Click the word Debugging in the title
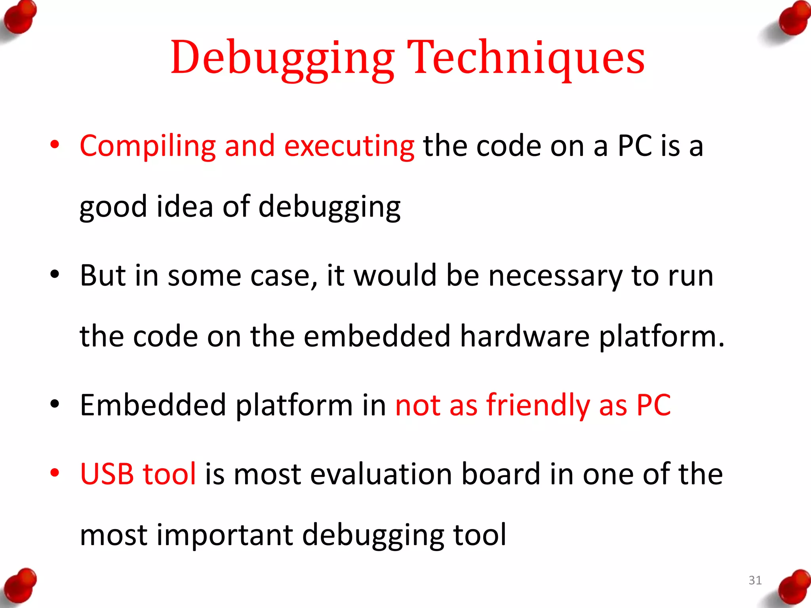click(282, 59)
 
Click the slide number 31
click(755, 580)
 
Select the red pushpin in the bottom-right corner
click(793, 588)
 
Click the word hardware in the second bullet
click(525, 337)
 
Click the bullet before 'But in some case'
click(55, 274)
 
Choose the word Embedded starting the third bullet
click(153, 405)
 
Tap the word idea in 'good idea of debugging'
click(185, 207)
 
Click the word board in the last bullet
click(501, 474)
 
